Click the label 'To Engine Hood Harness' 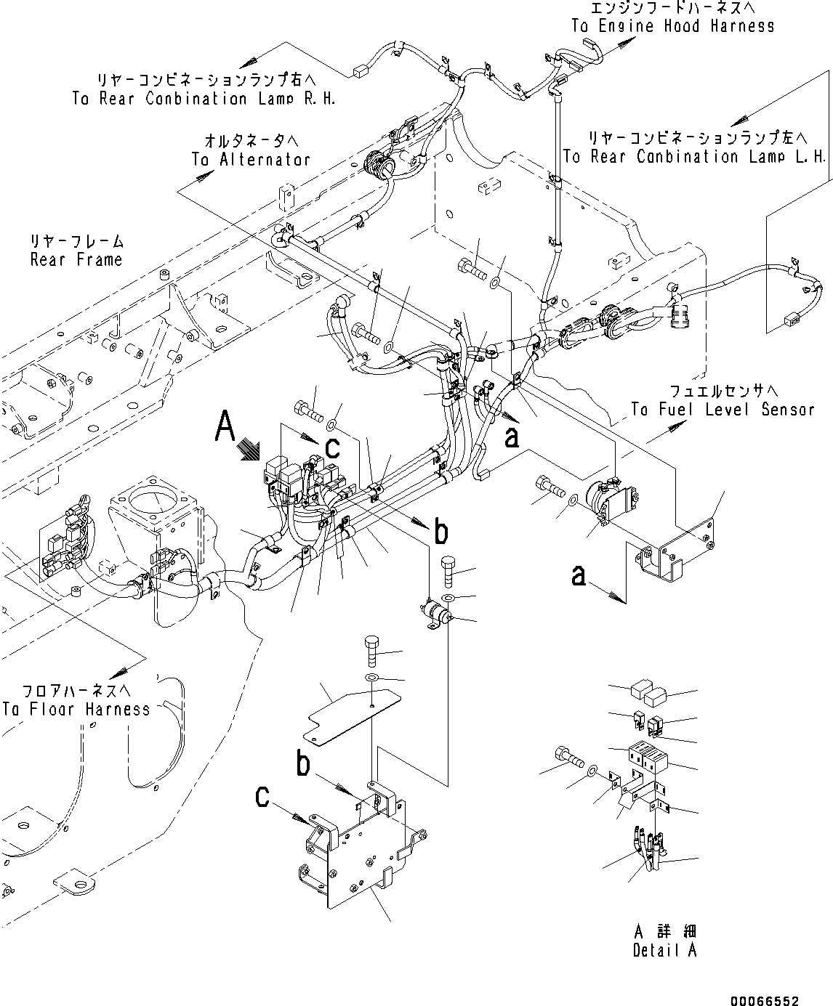coord(672,26)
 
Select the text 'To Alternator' coord(251,159)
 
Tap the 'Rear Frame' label coord(76,259)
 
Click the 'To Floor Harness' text coord(76,709)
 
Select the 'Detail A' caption coord(664,950)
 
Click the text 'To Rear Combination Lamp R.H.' coord(204,99)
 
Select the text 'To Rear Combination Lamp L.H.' coord(695,157)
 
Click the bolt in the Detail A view coord(568,759)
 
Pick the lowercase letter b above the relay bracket coord(305,765)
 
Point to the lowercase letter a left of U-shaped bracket coord(578,576)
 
